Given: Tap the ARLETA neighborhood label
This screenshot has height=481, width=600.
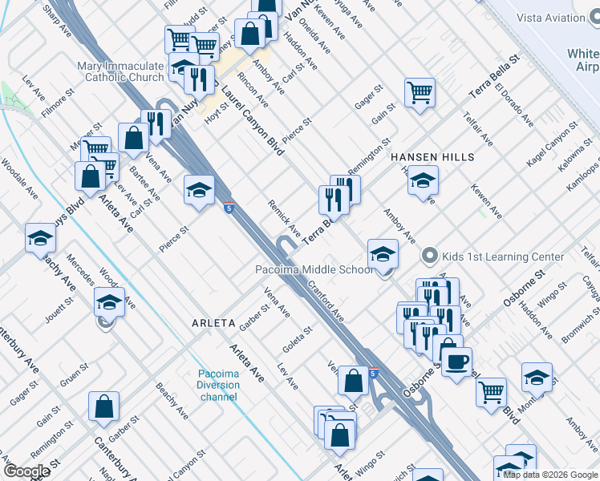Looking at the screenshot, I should point(213,323).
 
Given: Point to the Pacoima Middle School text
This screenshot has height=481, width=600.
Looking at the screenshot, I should point(314,269).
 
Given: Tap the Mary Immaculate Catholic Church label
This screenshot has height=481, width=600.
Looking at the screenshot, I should point(120,71).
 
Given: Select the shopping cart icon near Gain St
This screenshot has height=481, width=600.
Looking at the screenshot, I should point(420,93).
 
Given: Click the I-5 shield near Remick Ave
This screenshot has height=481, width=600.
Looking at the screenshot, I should point(229,208).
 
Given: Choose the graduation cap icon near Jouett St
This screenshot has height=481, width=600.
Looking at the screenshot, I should point(109,302).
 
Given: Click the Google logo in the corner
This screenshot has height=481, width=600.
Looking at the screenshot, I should point(27,471).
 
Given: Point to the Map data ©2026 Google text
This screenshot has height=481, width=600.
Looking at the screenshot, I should point(550,475).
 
